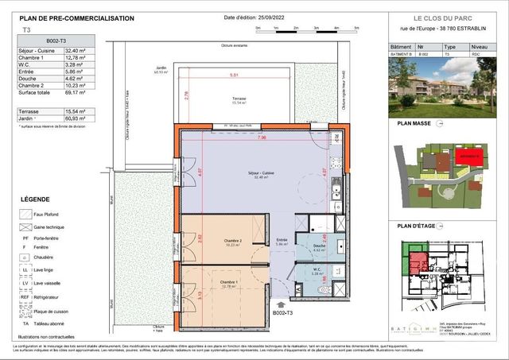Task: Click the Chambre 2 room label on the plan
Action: pyautogui.click(x=232, y=241)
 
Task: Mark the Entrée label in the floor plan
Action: pyautogui.click(x=282, y=240)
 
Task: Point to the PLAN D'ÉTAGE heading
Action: pyautogui.click(x=416, y=226)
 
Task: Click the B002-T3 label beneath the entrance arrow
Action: pyautogui.click(x=283, y=315)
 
